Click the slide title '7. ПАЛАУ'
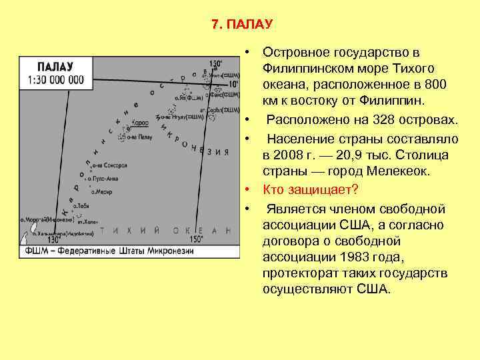(241, 25)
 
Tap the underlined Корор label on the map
(140, 123)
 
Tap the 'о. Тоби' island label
(82, 205)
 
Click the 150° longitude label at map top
(215, 65)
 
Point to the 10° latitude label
(232, 85)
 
